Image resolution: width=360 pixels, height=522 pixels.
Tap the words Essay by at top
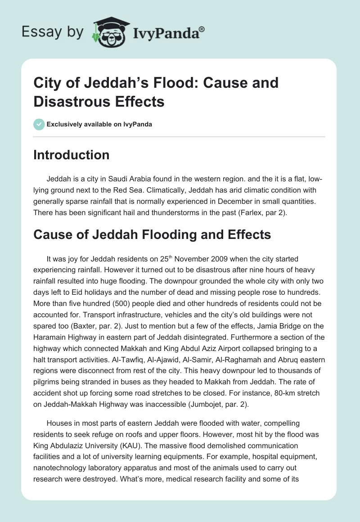point(53,32)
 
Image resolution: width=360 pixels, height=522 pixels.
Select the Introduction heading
point(72,155)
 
